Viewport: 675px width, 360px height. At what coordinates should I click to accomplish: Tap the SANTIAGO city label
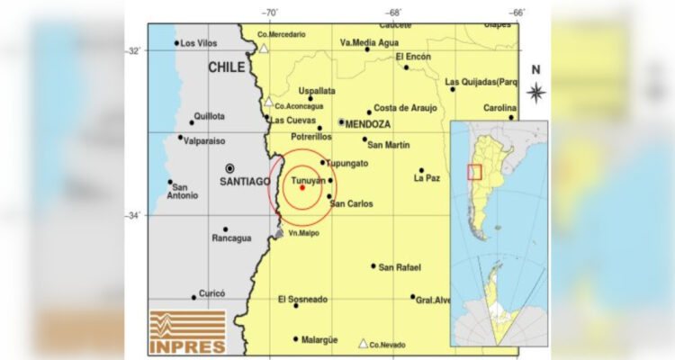244,181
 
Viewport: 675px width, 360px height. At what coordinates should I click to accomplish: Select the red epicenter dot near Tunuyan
301,187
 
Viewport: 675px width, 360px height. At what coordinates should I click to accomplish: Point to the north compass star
535,91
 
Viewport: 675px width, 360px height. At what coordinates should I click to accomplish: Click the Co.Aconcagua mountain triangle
268,101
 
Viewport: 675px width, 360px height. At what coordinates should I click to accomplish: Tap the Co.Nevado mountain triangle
363,342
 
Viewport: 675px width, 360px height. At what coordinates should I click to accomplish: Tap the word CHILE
227,67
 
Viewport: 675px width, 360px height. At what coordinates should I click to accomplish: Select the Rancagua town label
231,238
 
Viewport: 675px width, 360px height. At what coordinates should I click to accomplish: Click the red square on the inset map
474,172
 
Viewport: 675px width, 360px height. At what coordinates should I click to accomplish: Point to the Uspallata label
317,91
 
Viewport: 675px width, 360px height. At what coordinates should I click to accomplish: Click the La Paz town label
427,178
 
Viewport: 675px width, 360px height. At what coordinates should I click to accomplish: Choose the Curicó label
211,292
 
